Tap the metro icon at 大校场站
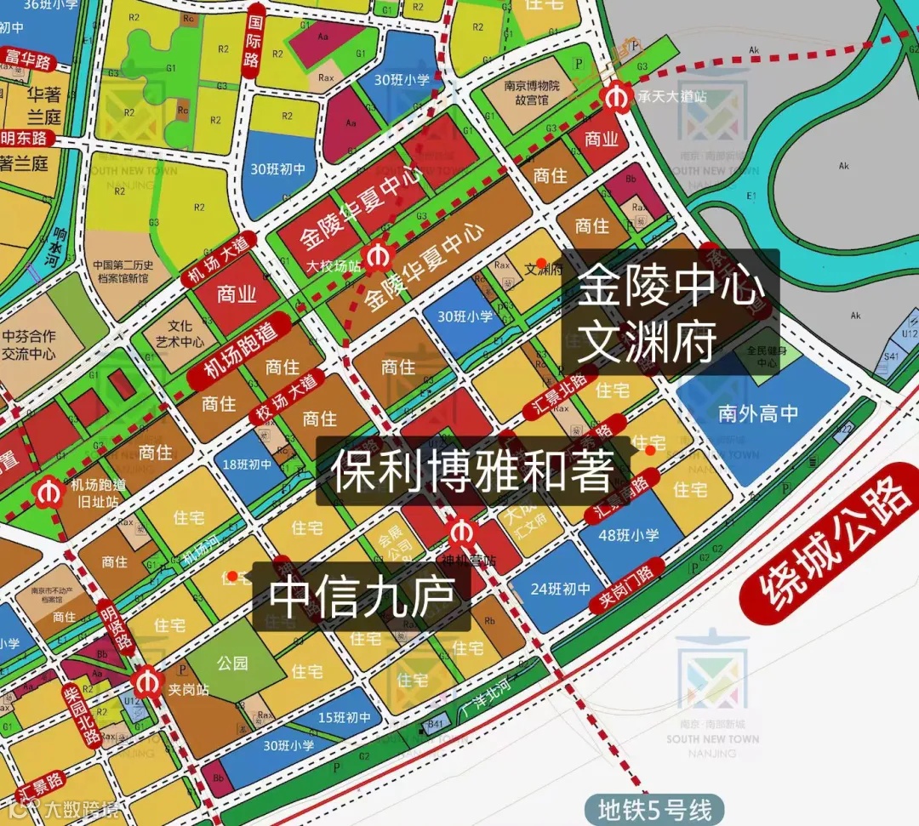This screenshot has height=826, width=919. click(375, 254)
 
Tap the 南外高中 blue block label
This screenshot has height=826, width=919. click(758, 413)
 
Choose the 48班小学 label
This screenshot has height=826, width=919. click(629, 535)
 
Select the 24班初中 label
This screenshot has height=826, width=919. click(560, 588)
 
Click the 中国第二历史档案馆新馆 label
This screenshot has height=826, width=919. click(122, 271)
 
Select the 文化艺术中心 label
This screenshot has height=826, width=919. click(180, 333)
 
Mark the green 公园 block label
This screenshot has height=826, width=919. click(231, 663)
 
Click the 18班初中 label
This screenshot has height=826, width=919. click(248, 464)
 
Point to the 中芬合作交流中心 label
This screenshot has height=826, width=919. click(29, 345)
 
